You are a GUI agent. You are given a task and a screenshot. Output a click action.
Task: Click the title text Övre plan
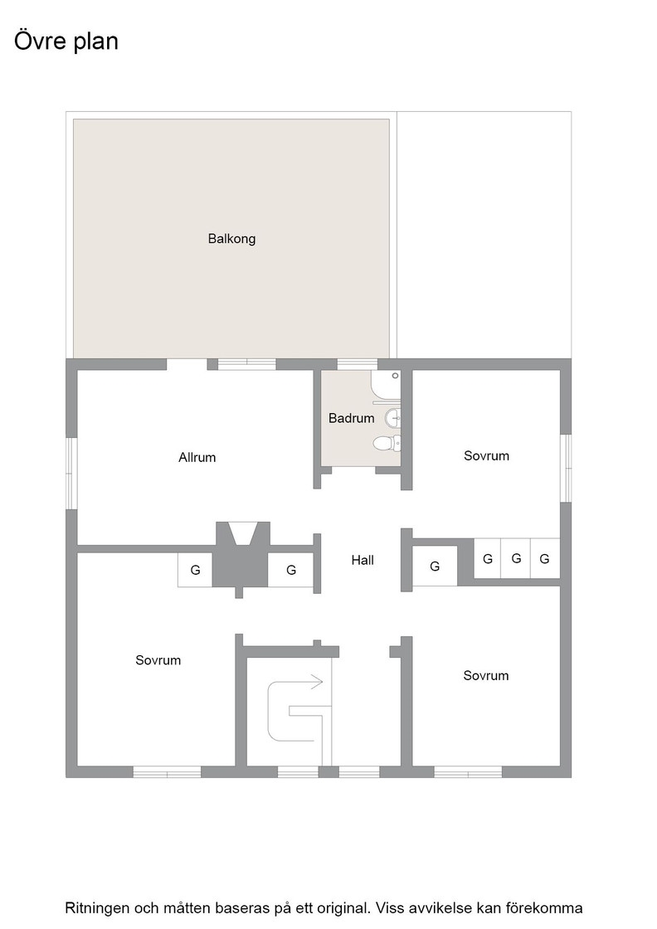tap(66, 41)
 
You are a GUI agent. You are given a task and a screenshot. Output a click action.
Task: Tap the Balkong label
tap(231, 239)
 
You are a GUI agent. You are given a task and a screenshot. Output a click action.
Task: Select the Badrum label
tap(351, 418)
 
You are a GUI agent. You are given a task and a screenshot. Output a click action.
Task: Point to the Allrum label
tap(197, 457)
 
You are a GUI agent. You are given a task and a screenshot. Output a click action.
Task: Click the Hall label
tap(363, 560)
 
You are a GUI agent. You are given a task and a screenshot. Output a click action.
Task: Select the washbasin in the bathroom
tap(392, 418)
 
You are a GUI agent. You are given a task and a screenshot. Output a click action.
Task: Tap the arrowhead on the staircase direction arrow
tap(318, 681)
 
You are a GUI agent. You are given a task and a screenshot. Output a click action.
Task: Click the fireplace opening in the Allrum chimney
tap(243, 533)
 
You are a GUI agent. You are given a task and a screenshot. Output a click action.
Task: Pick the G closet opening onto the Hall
tap(435, 567)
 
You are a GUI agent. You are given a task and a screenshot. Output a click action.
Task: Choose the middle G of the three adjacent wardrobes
tap(516, 558)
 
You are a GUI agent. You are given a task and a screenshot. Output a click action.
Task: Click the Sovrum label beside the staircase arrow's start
tap(158, 660)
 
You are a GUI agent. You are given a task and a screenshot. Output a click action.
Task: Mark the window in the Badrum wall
tap(358, 364)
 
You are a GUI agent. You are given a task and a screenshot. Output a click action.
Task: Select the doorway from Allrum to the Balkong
tap(187, 364)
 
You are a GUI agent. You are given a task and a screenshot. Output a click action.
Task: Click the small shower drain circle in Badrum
tap(395, 376)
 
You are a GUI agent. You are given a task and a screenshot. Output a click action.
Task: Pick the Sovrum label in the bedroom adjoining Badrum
tap(486, 455)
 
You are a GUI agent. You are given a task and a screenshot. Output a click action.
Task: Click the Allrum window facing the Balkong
tap(247, 364)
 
